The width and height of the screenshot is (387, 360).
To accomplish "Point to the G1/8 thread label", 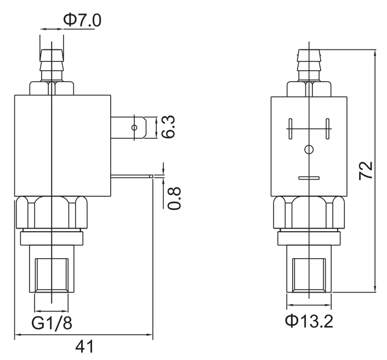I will point(52,323).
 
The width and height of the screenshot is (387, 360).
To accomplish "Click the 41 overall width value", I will point(83,347).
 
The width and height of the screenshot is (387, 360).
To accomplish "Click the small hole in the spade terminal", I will point(134,128).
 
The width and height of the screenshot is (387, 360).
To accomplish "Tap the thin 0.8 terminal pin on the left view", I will point(132,176).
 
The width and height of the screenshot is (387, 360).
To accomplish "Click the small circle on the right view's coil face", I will point(309,149).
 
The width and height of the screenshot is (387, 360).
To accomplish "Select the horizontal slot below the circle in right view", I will point(309,178).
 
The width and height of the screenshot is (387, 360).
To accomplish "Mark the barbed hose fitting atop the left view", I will point(50,65).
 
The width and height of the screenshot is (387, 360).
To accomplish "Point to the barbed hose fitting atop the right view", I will point(309,65).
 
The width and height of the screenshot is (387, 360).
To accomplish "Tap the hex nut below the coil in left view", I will point(50,214).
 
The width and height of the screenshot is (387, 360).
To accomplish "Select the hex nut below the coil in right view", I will point(309,214).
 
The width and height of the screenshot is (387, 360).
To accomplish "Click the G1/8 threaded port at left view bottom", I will point(51,274).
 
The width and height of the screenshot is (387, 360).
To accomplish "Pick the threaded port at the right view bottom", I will point(309,274).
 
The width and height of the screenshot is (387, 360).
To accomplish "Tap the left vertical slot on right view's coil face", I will point(291,129).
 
